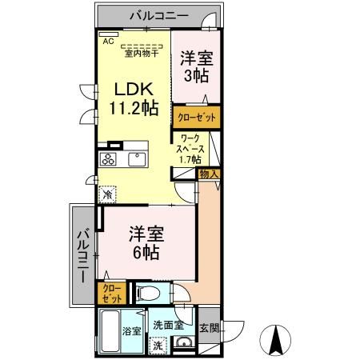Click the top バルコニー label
pos(155,15)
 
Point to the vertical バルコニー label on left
pos(82,254)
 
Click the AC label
pos(107,38)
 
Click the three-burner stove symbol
pos(109,160)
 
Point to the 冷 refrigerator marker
pos(108,194)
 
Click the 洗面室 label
pos(168,326)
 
